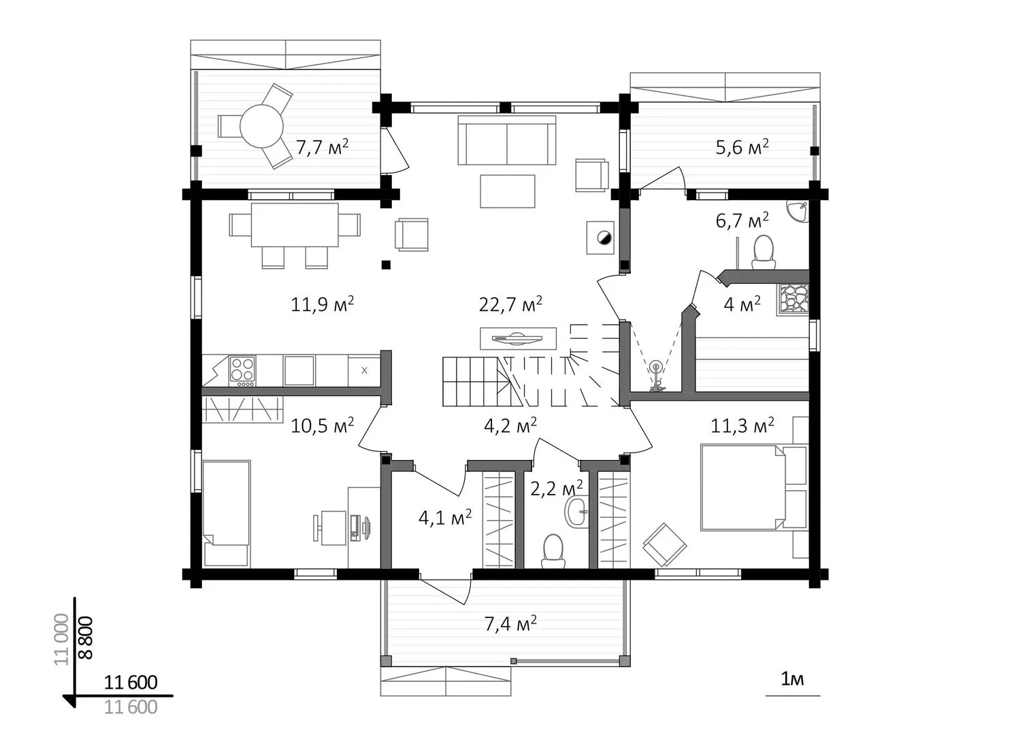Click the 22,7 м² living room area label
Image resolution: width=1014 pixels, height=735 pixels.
click(x=510, y=305)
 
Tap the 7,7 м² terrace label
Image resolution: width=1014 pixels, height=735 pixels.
click(x=322, y=147)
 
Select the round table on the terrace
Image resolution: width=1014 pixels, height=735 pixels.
click(x=261, y=126)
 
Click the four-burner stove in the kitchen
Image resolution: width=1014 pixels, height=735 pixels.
click(x=243, y=371)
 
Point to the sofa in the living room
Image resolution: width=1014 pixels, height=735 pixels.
click(x=506, y=140)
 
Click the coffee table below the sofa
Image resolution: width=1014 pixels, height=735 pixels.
click(x=508, y=191)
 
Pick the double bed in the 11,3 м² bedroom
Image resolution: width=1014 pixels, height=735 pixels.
click(x=743, y=487)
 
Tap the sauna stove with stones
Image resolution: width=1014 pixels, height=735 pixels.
click(x=793, y=299)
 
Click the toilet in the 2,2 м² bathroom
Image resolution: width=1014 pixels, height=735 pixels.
click(x=553, y=551)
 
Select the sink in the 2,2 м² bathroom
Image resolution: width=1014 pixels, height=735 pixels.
click(x=576, y=511)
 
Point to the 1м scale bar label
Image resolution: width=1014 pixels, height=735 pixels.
click(x=792, y=679)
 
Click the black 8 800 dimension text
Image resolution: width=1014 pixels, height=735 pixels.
click(x=86, y=637)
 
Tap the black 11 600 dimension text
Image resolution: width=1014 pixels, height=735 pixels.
click(x=131, y=682)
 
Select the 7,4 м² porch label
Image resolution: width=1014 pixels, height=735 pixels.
click(x=510, y=623)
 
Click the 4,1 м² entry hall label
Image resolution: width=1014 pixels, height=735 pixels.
click(x=445, y=518)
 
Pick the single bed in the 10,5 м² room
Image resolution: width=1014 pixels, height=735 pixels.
click(x=227, y=514)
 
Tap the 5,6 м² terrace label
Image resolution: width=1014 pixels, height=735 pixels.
click(x=742, y=147)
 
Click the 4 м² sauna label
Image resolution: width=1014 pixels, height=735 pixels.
click(x=742, y=305)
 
